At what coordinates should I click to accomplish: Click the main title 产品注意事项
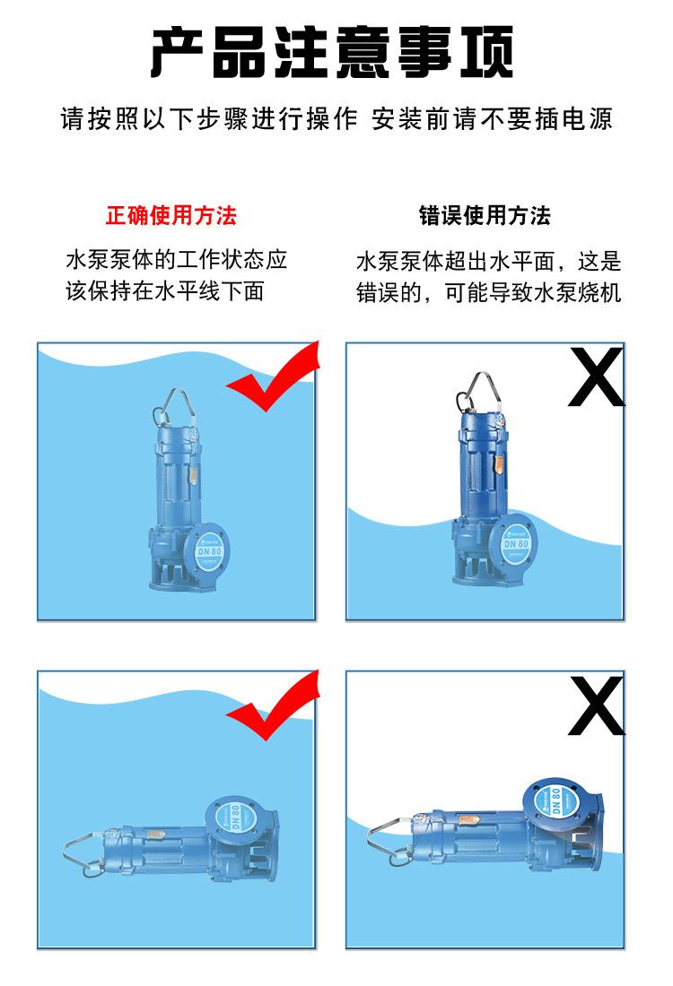(333, 52)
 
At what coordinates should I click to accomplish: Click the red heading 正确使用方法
(171, 216)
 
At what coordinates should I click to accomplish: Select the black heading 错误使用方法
(485, 216)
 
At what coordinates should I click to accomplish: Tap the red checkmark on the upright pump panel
(274, 376)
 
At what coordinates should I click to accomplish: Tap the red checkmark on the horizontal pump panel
(274, 705)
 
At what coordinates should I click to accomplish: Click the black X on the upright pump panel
(596, 376)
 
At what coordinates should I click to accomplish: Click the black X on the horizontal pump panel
(596, 705)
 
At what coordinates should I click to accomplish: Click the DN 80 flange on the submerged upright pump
(209, 551)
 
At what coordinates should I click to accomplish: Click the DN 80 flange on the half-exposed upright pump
(516, 542)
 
